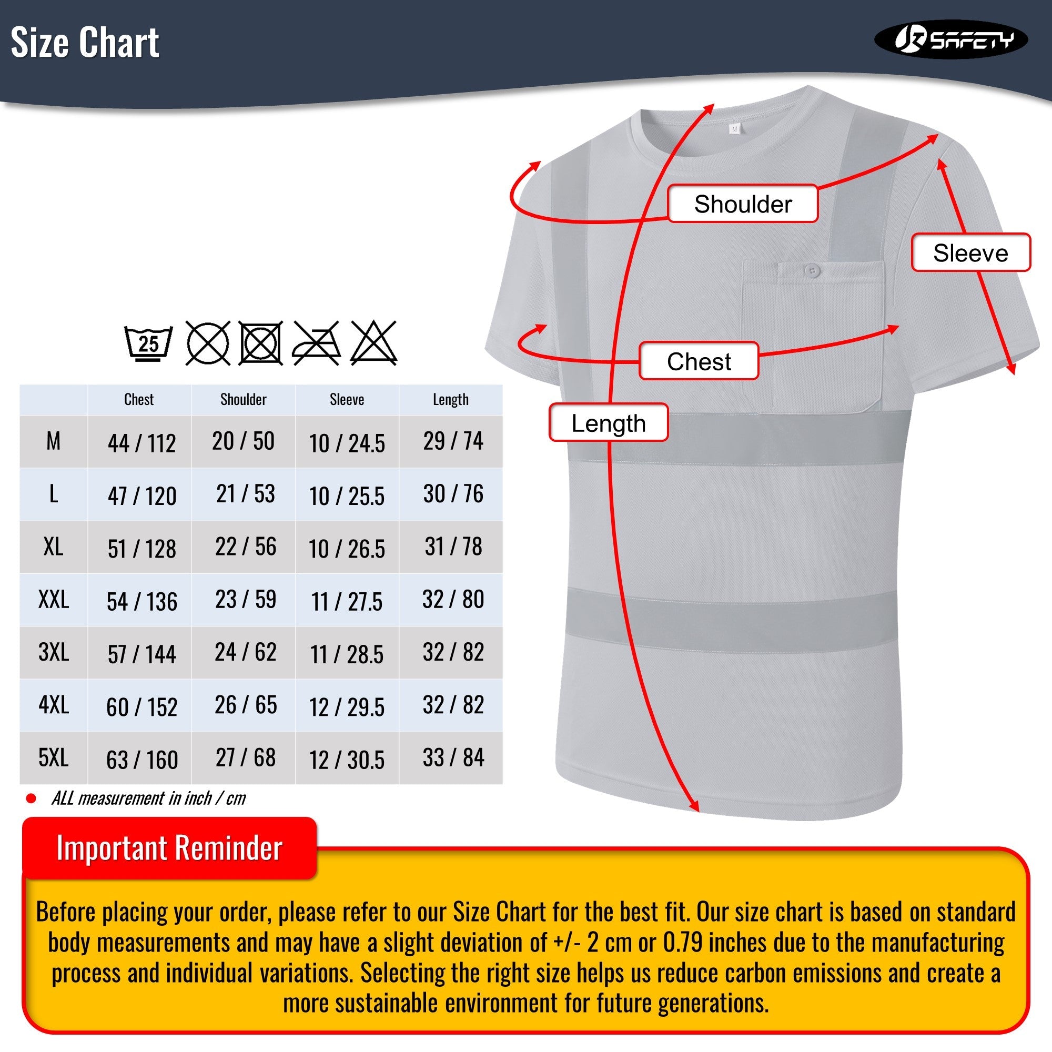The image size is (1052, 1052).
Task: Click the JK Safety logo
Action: coord(950,39)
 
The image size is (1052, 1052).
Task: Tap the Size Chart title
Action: coord(85,43)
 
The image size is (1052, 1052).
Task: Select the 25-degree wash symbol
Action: coord(148,343)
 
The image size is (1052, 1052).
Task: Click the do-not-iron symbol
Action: coord(316,343)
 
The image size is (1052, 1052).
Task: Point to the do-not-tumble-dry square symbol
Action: coord(261,343)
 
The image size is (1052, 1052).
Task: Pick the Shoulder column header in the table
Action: coord(244,400)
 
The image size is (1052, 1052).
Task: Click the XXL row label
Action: coord(53,600)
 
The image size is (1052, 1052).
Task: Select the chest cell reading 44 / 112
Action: coord(141,443)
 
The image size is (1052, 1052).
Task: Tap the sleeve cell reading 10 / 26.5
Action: coord(347,548)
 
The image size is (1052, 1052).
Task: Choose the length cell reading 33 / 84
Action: coord(453,757)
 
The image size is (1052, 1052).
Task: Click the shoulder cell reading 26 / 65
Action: coord(246,705)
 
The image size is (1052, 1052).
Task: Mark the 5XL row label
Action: coord(53,757)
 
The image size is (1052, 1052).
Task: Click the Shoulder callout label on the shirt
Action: coord(743,204)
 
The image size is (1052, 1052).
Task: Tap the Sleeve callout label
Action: coord(970,253)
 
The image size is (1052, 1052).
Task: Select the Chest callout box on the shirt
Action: coord(699,361)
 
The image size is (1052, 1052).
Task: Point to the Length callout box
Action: coord(608,423)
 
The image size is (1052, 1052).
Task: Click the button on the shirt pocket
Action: coord(813,270)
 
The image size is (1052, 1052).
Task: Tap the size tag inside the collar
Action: coord(734,129)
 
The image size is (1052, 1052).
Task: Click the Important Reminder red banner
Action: coord(169,848)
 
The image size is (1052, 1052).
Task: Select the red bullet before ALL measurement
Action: coord(31,799)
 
